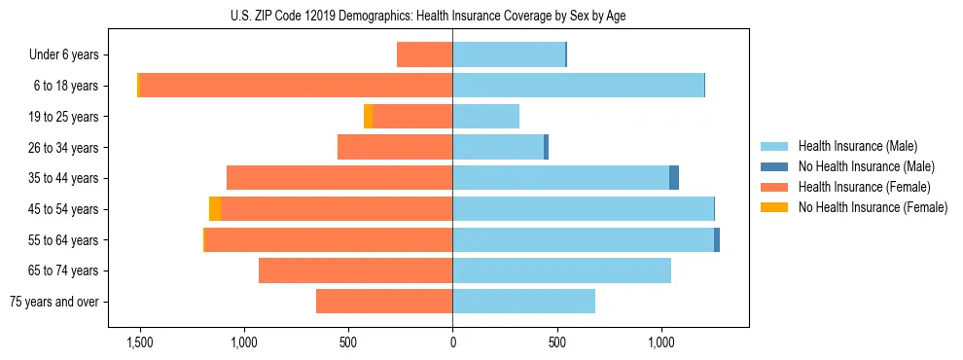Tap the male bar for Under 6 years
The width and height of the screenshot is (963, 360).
click(508, 54)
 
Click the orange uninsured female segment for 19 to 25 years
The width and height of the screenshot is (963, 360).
click(368, 117)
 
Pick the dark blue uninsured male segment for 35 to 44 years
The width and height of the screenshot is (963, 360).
click(674, 178)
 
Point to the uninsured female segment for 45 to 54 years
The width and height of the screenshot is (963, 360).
click(215, 209)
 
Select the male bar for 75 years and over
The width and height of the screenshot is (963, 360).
click(523, 302)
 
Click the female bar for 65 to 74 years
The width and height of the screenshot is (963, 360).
click(355, 270)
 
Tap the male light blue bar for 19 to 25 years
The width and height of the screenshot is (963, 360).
click(485, 117)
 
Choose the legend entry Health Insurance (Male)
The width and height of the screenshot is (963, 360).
click(857, 146)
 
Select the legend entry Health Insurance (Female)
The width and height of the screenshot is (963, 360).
click(864, 187)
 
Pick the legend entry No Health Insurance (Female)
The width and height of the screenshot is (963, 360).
click(873, 207)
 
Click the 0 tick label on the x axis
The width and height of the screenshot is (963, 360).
click(452, 342)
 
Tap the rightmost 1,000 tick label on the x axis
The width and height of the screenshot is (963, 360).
click(661, 342)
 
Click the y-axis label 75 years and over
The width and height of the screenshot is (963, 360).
click(54, 302)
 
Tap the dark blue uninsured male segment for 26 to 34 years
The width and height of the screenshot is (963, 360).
click(546, 147)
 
